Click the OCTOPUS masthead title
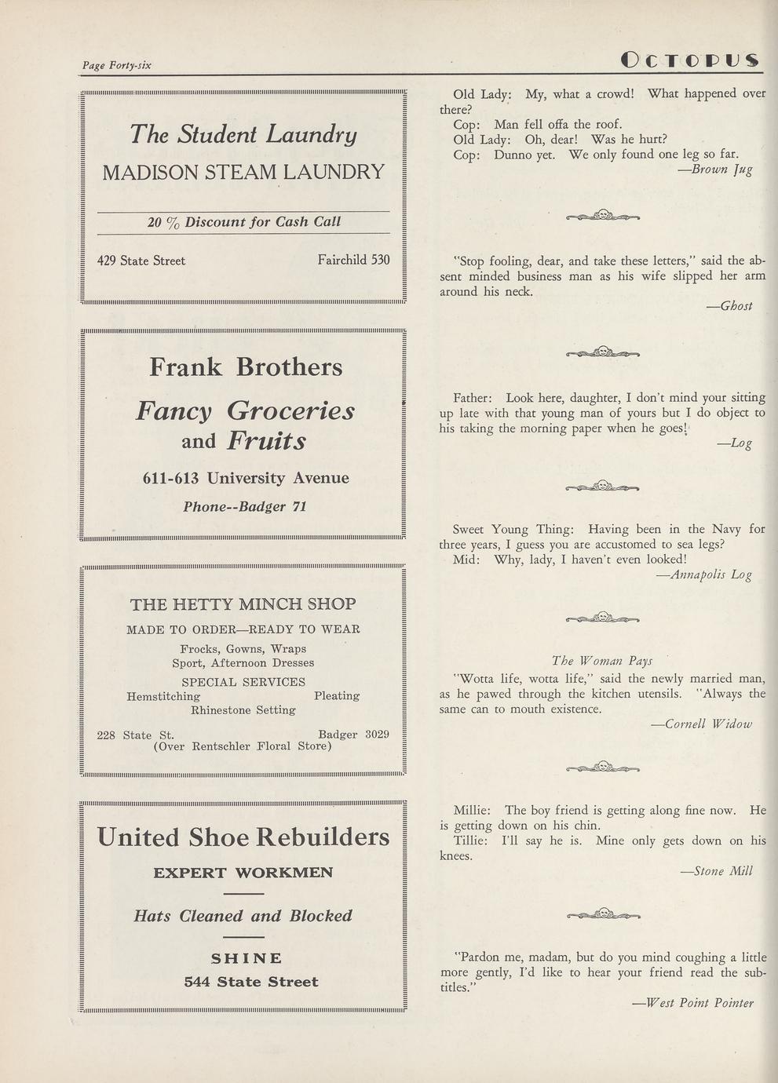click(689, 60)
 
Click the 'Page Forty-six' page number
click(117, 65)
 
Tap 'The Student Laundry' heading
click(243, 134)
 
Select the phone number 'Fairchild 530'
click(353, 260)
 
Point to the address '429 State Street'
click(141, 261)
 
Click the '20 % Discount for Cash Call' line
click(243, 222)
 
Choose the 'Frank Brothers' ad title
click(246, 366)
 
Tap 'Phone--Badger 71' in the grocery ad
click(244, 507)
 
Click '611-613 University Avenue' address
click(246, 478)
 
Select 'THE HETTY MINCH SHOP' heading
click(243, 604)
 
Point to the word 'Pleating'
click(337, 696)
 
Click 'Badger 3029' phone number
click(353, 735)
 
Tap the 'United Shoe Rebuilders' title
click(243, 837)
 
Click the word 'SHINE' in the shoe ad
click(247, 958)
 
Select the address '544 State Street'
click(251, 982)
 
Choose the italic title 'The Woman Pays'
click(602, 661)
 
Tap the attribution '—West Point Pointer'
click(692, 1002)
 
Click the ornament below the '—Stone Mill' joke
click(603, 913)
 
